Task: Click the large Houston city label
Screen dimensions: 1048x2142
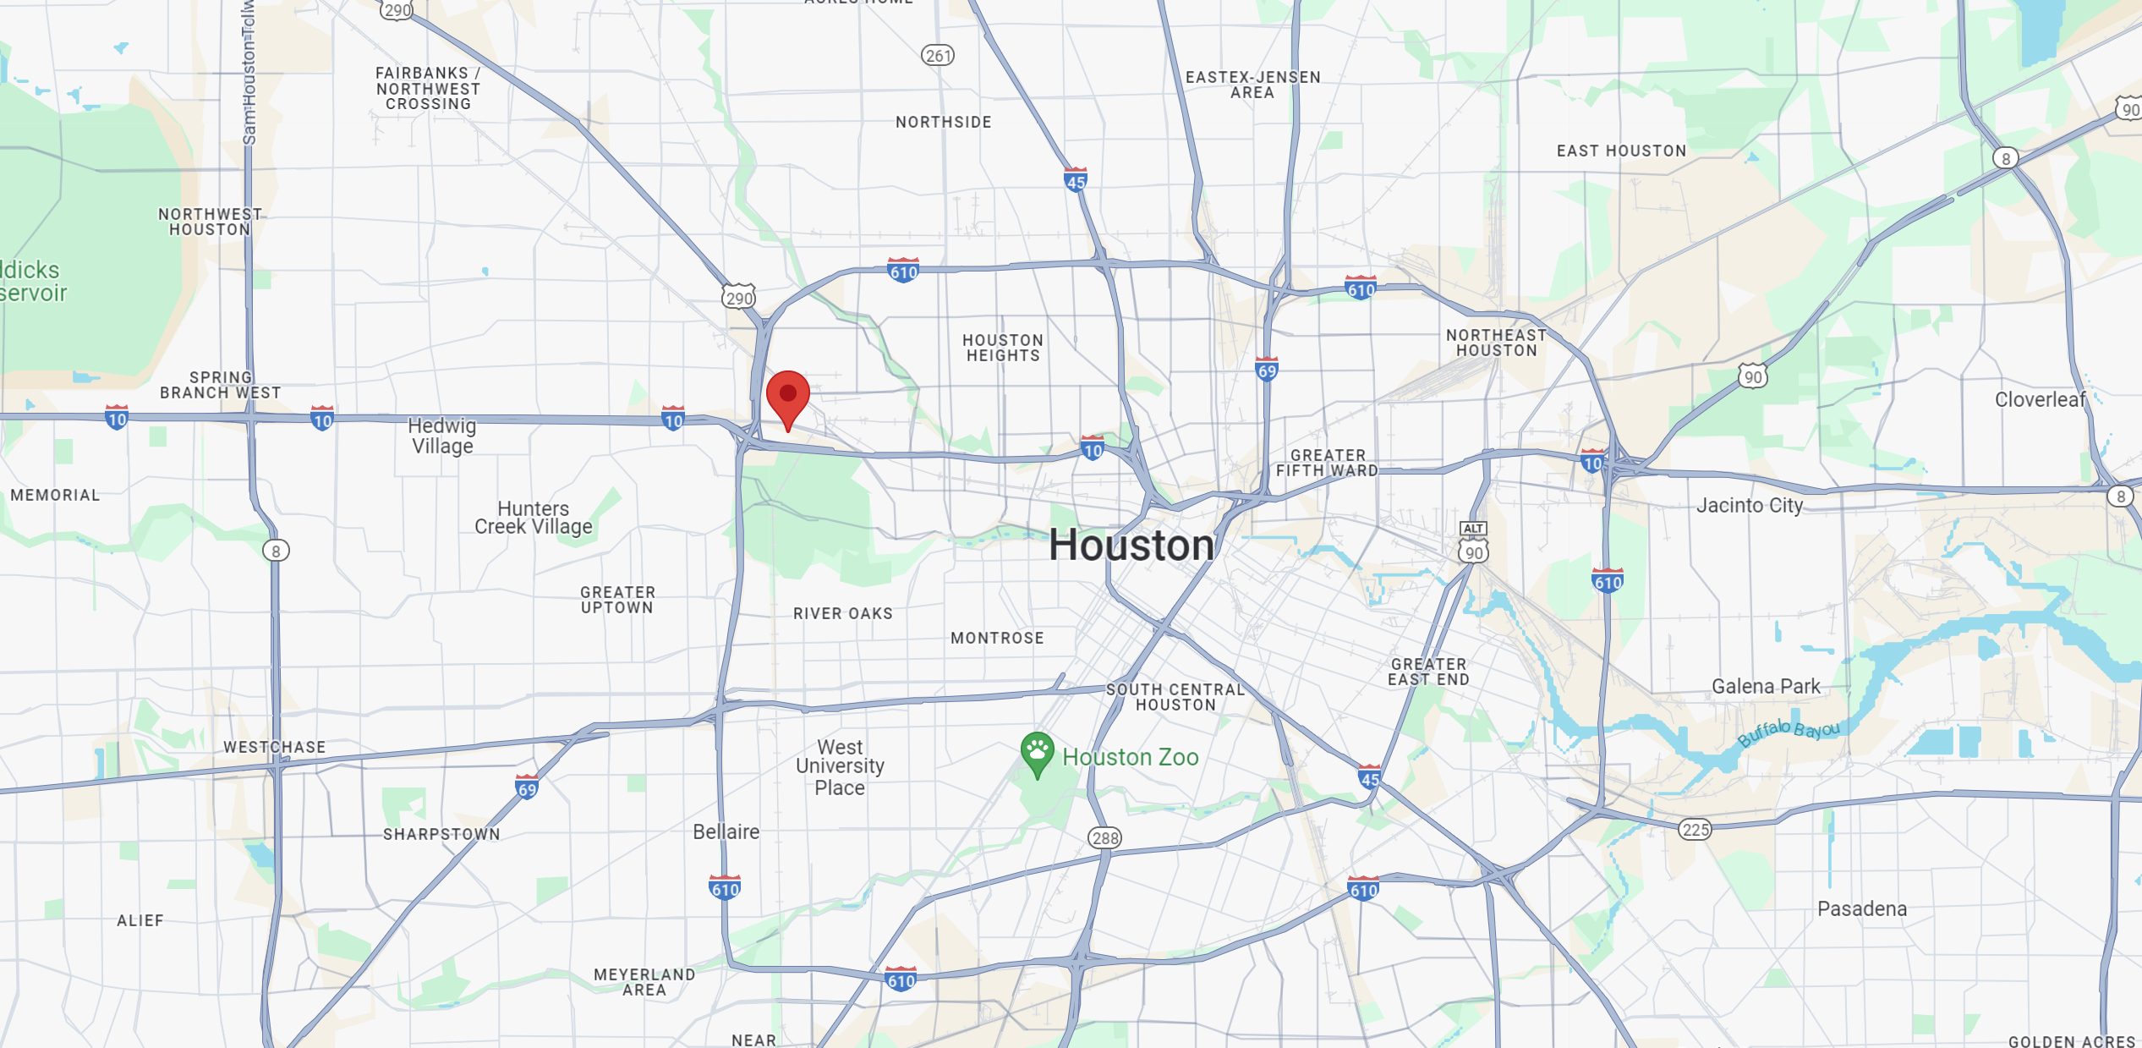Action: tap(1131, 546)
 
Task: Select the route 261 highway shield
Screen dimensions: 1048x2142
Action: tap(937, 56)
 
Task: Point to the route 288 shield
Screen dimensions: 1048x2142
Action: tap(1104, 837)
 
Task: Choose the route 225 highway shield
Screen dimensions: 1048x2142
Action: tap(1696, 829)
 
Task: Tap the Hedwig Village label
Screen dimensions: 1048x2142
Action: tap(442, 436)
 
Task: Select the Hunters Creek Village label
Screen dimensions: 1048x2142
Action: tap(533, 518)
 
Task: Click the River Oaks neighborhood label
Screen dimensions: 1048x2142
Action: tap(842, 613)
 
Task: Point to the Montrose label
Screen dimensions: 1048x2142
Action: tap(997, 638)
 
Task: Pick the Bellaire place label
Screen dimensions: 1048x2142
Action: tap(726, 831)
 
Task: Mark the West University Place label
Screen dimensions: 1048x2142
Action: tap(840, 767)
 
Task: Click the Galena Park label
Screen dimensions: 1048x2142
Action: tap(1766, 686)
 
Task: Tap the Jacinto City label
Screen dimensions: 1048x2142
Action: tap(1750, 505)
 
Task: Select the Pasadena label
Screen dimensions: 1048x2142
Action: tap(1862, 908)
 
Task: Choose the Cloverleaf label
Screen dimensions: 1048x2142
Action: tap(2040, 399)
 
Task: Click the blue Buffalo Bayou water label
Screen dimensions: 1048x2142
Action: tap(1788, 732)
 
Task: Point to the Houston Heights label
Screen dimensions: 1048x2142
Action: tap(1003, 348)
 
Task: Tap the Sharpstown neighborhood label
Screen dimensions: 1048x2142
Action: tap(441, 834)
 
